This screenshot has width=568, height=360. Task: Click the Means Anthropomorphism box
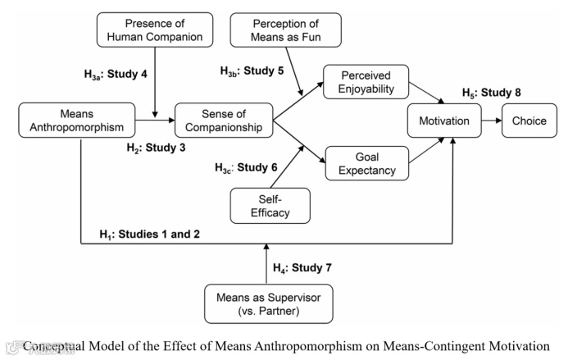pos(77,120)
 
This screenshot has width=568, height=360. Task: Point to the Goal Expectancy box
pos(366,162)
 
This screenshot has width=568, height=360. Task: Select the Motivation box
pos(443,121)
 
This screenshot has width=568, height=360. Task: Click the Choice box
pos(529,121)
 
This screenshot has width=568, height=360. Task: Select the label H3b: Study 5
pos(252,71)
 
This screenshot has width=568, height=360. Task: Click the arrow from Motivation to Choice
pos(490,121)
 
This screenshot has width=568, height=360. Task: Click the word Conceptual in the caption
pos(56,345)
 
